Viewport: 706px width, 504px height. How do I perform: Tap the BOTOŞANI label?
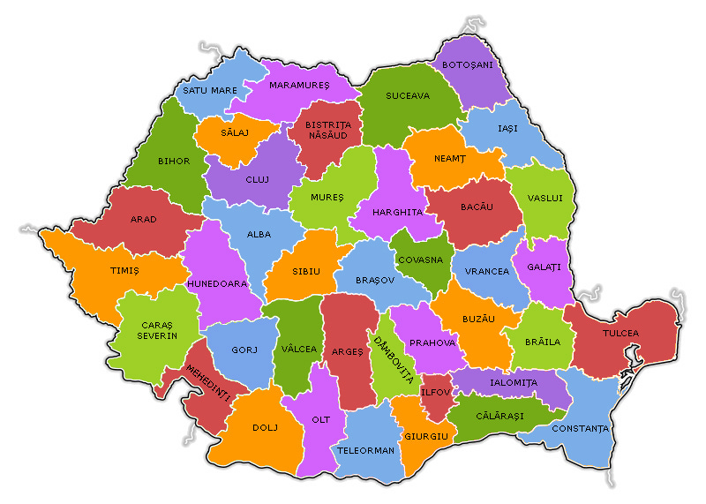(468, 64)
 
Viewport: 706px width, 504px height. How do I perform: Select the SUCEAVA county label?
(408, 95)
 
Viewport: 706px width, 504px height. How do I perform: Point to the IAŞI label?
(507, 129)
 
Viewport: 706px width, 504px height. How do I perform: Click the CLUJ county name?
(257, 180)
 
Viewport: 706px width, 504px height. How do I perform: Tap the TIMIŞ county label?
(124, 271)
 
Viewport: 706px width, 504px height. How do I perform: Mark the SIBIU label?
(306, 271)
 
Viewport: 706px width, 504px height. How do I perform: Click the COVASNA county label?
(421, 260)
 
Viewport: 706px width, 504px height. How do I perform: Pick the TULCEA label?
(620, 333)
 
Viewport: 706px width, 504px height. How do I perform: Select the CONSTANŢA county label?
(580, 429)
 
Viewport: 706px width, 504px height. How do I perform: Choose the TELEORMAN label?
(365, 450)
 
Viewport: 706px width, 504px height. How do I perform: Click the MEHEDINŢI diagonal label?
(207, 384)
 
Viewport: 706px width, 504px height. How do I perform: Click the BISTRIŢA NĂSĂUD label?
(328, 132)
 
